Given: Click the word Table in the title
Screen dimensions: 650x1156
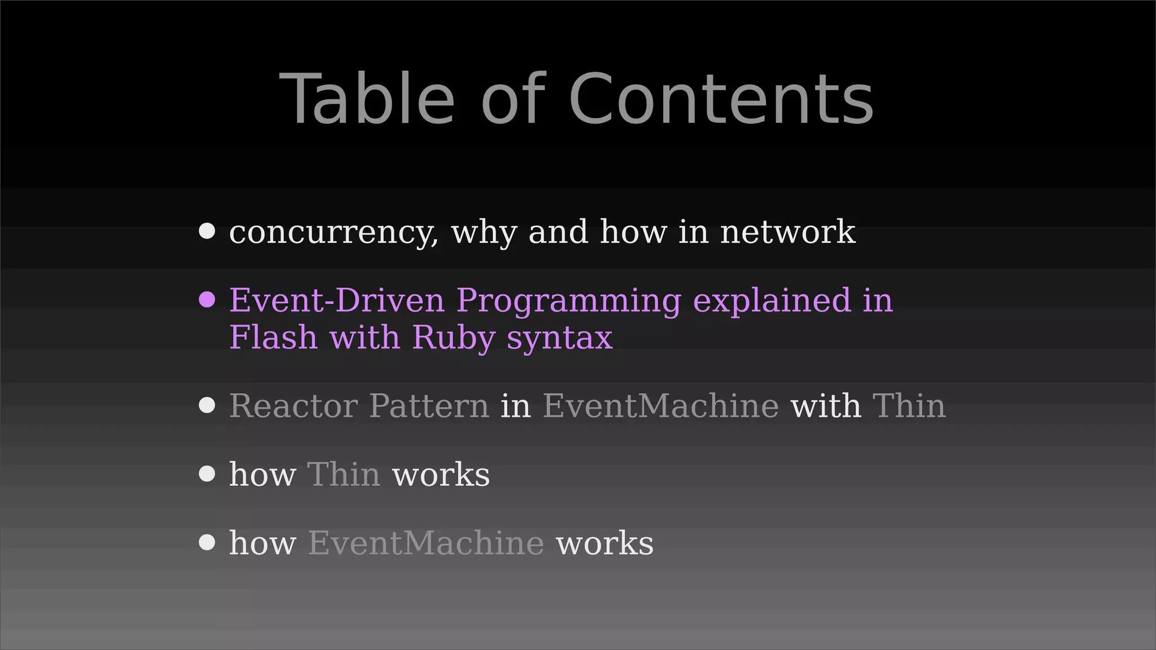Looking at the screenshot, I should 367,99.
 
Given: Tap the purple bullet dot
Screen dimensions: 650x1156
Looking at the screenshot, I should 207,300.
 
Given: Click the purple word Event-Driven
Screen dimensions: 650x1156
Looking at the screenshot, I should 336,300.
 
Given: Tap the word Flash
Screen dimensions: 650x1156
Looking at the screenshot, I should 273,337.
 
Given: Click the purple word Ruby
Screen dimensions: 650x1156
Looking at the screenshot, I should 453,338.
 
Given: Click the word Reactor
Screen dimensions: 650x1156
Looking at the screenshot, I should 293,406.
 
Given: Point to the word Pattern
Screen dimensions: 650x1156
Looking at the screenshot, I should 429,406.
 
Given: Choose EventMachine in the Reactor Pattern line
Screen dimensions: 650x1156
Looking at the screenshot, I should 660,406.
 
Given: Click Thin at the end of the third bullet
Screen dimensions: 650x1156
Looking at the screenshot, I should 909,406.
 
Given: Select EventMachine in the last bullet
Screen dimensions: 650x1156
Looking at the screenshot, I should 426,543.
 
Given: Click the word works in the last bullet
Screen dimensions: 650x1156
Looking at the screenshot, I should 605,543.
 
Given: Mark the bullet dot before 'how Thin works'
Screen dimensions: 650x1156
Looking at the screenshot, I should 207,473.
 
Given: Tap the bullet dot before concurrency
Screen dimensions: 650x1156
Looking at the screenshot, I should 207,231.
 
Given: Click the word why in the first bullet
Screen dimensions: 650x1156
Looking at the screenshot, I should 484,232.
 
